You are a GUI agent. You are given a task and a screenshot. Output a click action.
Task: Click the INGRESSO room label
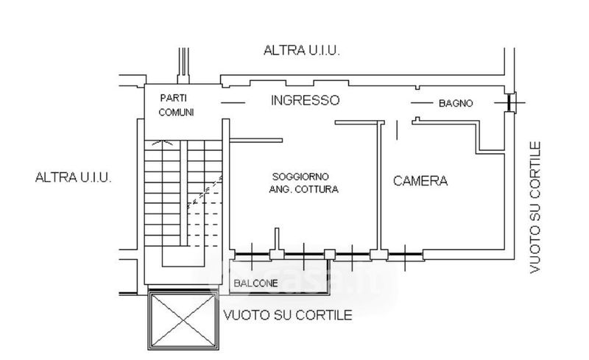coord(305,101)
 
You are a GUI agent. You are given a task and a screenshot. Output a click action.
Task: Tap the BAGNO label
coord(456,104)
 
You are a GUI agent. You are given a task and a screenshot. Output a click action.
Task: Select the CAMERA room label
coord(420,181)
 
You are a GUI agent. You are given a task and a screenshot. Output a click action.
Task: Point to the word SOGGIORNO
coord(300,177)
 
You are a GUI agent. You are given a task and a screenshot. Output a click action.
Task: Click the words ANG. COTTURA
coord(304,189)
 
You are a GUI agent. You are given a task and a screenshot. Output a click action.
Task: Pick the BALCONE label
coord(255,283)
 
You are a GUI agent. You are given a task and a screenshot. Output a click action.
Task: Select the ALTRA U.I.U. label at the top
coord(301,51)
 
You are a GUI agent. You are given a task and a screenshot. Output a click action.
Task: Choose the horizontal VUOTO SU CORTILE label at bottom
coord(287,315)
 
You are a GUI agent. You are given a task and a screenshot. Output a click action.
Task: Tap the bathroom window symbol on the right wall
coord(511,102)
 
